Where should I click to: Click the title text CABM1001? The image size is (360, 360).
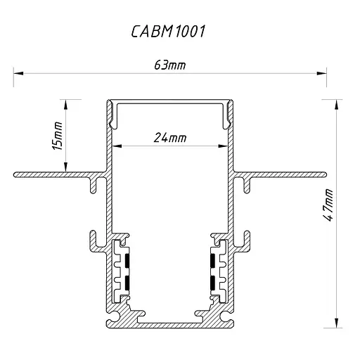169,32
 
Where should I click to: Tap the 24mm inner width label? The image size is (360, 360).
169,138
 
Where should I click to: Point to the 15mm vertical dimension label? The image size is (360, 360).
58,136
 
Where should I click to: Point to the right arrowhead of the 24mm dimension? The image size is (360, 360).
224,146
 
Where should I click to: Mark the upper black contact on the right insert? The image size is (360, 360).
212,261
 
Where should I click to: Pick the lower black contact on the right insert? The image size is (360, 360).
212,283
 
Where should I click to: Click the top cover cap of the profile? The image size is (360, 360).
171,104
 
